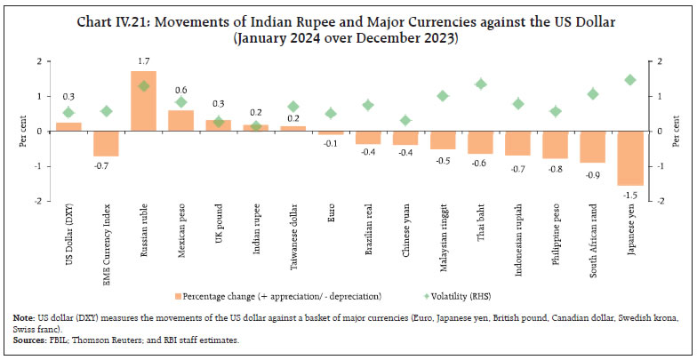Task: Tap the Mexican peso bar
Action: pyautogui.click(x=181, y=121)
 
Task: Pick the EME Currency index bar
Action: pyautogui.click(x=107, y=143)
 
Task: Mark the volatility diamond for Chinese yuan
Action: pyautogui.click(x=405, y=121)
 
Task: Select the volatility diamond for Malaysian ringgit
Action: pyautogui.click(x=443, y=96)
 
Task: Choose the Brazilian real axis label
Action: pyautogui.click(x=368, y=232)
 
